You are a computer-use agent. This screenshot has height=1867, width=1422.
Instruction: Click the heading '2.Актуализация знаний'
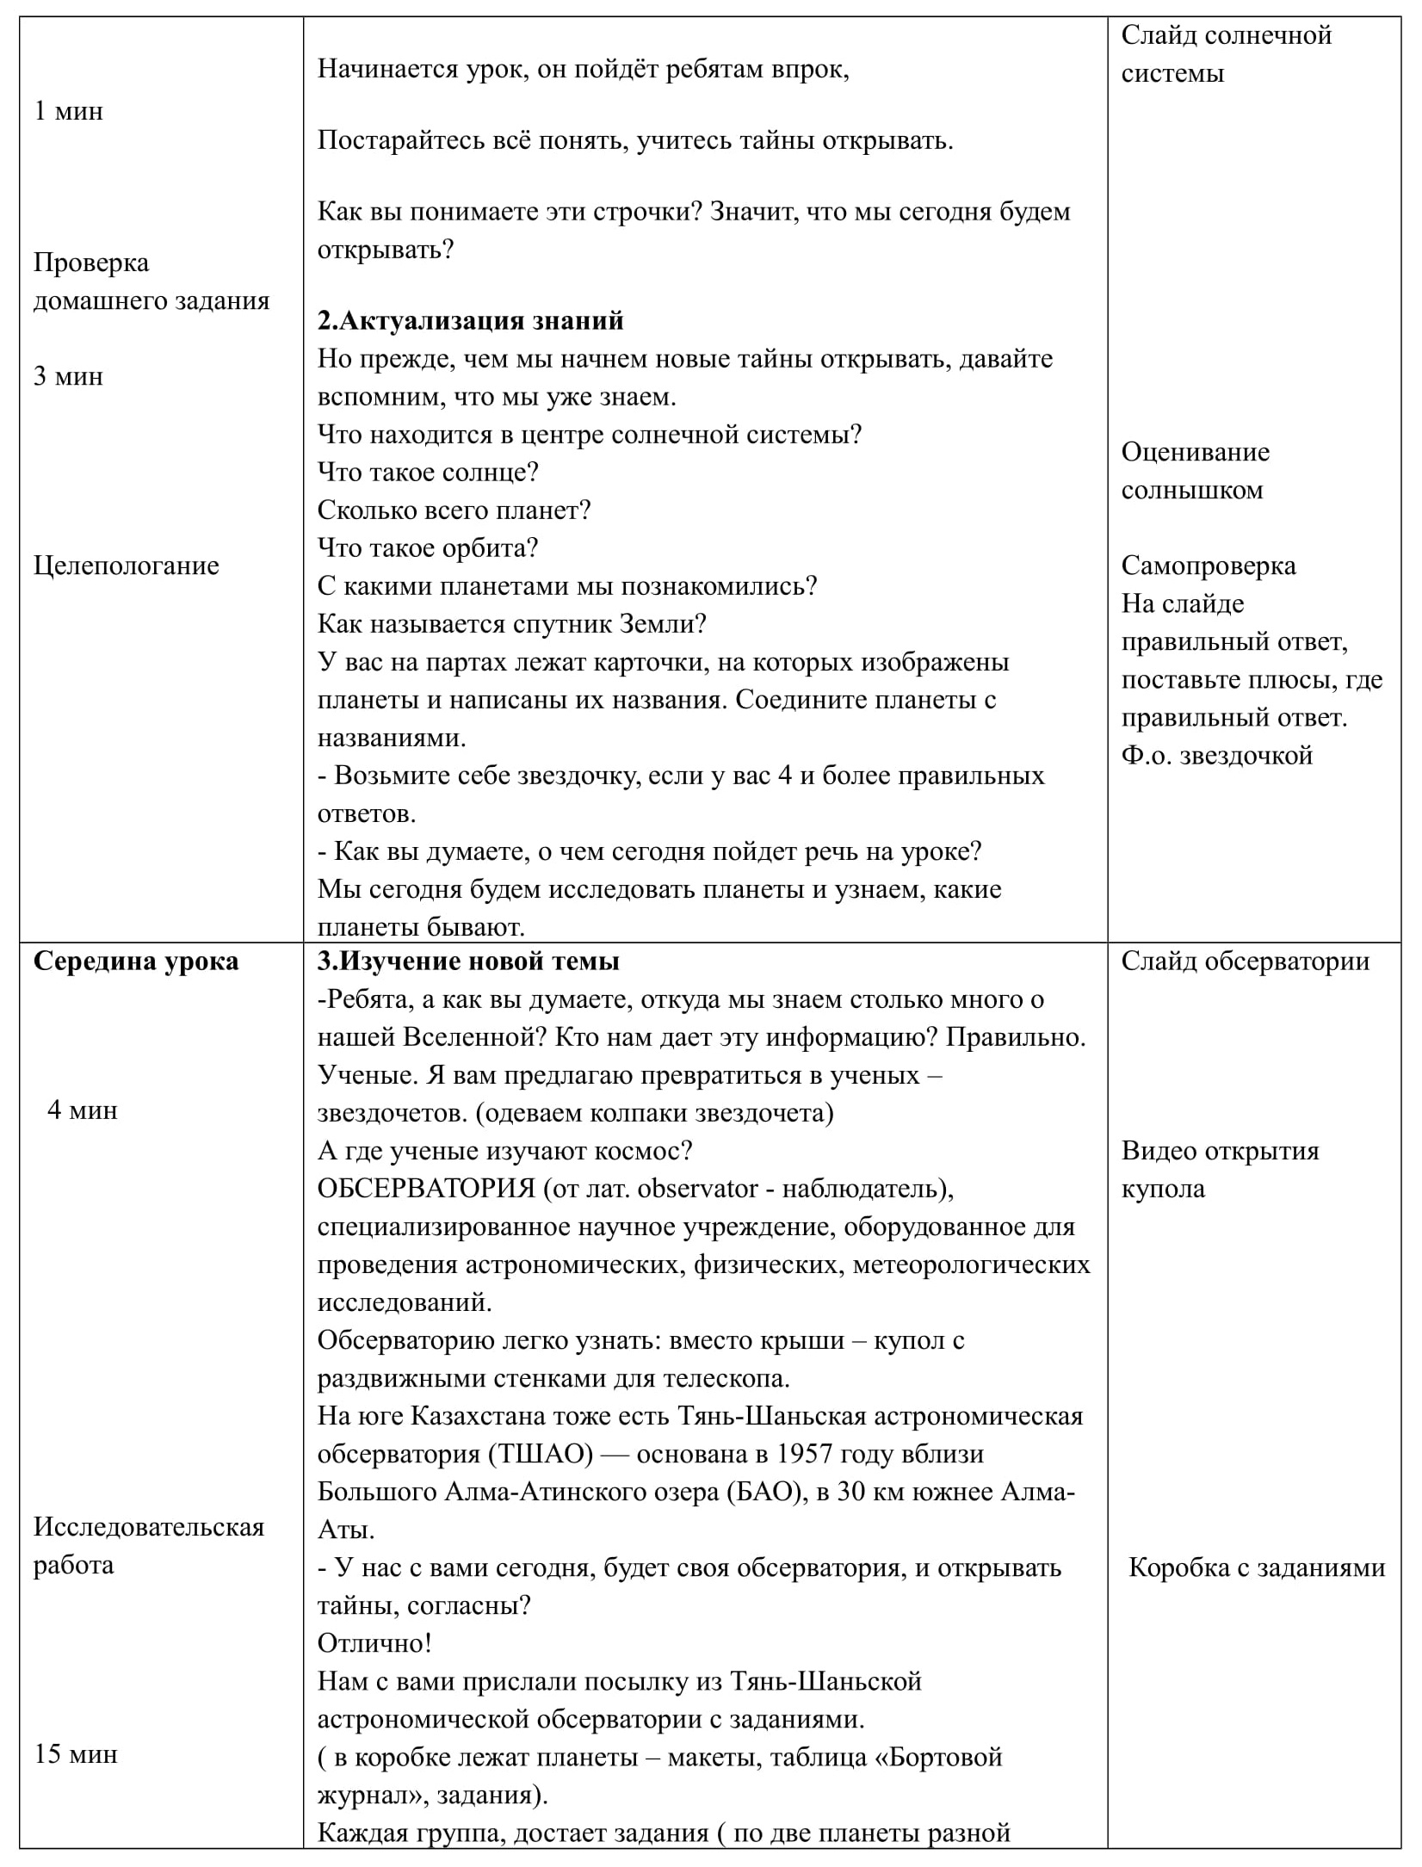[x=470, y=321]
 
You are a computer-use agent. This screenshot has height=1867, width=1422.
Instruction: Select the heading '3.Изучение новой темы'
[x=468, y=961]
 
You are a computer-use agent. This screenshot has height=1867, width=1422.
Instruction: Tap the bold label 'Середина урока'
[x=136, y=961]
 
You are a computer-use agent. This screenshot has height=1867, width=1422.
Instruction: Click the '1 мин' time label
[x=68, y=111]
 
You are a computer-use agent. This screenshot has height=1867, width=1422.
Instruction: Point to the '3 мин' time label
[x=68, y=376]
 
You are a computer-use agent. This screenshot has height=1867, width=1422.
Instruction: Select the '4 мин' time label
[x=82, y=1110]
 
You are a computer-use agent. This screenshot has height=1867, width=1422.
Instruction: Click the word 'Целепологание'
[x=127, y=566]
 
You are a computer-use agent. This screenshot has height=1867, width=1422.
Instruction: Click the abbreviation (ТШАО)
[x=541, y=1454]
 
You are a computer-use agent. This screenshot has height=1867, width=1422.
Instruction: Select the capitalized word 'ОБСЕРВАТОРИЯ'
[x=427, y=1189]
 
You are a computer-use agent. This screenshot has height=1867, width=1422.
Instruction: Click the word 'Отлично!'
[x=374, y=1643]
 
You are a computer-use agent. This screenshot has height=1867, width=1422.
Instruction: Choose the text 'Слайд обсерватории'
[x=1245, y=961]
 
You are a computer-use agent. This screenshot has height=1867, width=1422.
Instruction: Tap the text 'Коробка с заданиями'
[x=1257, y=1567]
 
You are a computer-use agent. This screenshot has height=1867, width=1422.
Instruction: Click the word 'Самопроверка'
[x=1209, y=566]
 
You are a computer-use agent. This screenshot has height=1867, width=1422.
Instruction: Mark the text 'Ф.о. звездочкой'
[x=1217, y=755]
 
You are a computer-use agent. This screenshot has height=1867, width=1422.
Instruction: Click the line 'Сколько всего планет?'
[x=454, y=510]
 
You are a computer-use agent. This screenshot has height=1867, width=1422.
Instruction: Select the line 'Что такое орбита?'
[x=428, y=548]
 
